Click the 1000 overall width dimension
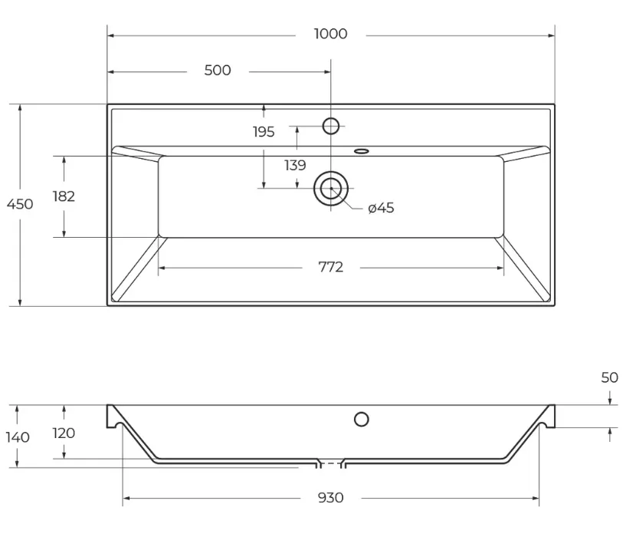click(x=330, y=34)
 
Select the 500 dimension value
click(x=218, y=71)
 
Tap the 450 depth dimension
click(x=20, y=204)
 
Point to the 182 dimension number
click(x=64, y=196)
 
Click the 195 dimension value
click(x=264, y=131)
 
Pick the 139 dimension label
click(x=295, y=165)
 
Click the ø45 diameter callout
click(x=381, y=208)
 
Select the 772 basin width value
click(x=330, y=267)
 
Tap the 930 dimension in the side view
click(x=330, y=498)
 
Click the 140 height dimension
click(x=18, y=437)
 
